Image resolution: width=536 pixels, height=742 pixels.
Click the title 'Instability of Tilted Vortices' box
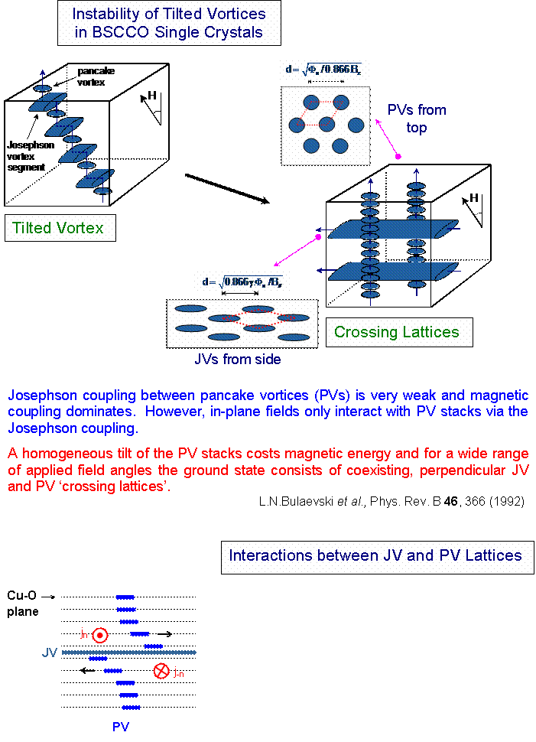click(x=169, y=23)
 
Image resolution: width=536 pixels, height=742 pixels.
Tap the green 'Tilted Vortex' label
click(x=58, y=228)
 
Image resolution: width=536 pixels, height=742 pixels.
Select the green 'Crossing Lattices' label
click(x=396, y=332)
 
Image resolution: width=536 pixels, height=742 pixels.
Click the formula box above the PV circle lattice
click(x=323, y=70)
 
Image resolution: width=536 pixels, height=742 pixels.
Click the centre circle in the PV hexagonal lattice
click(x=327, y=124)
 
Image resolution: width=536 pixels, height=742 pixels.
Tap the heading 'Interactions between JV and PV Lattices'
click(x=375, y=555)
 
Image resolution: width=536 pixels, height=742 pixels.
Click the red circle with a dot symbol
click(x=99, y=635)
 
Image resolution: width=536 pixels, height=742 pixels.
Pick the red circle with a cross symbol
click(x=161, y=671)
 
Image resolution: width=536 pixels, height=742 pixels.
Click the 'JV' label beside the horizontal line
click(x=50, y=653)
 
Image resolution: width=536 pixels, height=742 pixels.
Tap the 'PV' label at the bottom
click(x=121, y=727)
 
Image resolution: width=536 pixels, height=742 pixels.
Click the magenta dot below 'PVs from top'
click(x=398, y=156)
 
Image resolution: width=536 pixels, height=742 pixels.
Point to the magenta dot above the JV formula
click(x=319, y=237)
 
